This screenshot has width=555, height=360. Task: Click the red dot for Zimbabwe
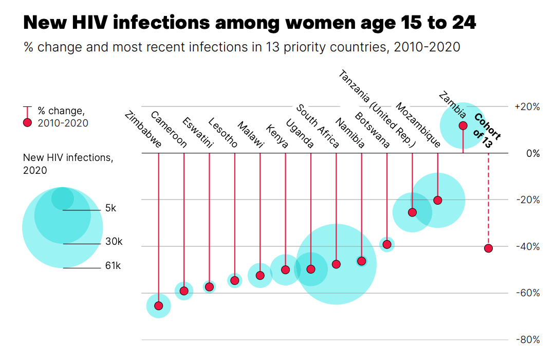[x=158, y=306]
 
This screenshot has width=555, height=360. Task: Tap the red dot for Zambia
[x=463, y=125]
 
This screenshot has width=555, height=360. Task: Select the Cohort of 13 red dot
[x=488, y=248]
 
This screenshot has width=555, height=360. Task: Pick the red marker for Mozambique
[x=438, y=201]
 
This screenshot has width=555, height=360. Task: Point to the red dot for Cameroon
[x=184, y=291]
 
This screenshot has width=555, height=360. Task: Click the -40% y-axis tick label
[x=527, y=246]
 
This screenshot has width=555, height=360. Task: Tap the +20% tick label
[x=527, y=107]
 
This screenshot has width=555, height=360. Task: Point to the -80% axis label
[x=527, y=340]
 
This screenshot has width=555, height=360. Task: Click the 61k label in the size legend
[x=113, y=266]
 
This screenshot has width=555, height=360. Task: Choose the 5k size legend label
[x=110, y=208]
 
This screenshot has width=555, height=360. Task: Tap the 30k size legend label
[x=113, y=242]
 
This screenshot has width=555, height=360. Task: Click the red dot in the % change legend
[x=28, y=122]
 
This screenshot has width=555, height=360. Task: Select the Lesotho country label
[x=223, y=133]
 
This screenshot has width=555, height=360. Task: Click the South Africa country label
[x=318, y=126]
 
